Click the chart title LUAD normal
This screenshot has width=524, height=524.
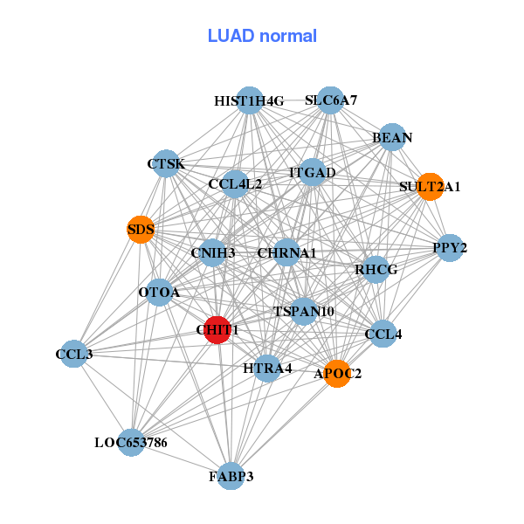tap(262, 36)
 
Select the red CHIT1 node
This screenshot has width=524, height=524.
tap(217, 329)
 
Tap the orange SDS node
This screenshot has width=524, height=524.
tap(141, 231)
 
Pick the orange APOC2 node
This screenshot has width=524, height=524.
tap(337, 373)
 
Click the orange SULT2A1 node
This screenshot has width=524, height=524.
tap(430, 186)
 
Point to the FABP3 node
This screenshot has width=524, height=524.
tap(231, 476)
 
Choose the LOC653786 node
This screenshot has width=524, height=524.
tap(131, 443)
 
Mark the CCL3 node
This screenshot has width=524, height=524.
tap(74, 354)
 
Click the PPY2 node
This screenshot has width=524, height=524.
tap(450, 248)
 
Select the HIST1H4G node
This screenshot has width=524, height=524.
tap(250, 100)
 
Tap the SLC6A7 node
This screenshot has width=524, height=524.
tap(330, 100)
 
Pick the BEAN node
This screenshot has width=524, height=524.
tap(392, 137)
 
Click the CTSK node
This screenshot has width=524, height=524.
tap(166, 163)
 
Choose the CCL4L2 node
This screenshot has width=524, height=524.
tap(235, 184)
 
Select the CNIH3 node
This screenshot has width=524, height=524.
tap(213, 253)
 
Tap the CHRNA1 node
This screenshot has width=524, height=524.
tap(286, 253)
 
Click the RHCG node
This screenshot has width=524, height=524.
tap(376, 270)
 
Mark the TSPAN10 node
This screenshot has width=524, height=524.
tap(304, 311)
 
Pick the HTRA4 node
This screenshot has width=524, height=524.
tap(267, 368)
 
